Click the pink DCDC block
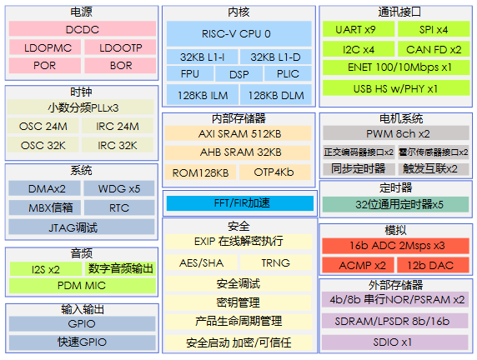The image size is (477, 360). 83,29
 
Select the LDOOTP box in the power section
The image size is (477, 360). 120,47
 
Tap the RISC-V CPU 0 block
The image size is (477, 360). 239,33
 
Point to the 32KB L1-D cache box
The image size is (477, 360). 276,57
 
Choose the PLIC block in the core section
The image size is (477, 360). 288,73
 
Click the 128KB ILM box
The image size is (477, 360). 203,95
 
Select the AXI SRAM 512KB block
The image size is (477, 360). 238,133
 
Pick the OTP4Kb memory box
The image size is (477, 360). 274,172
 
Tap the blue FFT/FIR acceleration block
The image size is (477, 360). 240,203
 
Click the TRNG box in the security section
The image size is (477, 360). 276,262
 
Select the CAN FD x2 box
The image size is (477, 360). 434,49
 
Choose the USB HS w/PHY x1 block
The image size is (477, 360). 396,88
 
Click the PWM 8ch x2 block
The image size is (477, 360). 396,133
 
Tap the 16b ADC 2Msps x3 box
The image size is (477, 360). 395,246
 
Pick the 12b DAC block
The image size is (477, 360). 433,265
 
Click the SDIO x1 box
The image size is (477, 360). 395,342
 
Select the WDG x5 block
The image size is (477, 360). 119,188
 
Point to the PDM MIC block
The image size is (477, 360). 83,286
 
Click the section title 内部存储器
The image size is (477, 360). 238,118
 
